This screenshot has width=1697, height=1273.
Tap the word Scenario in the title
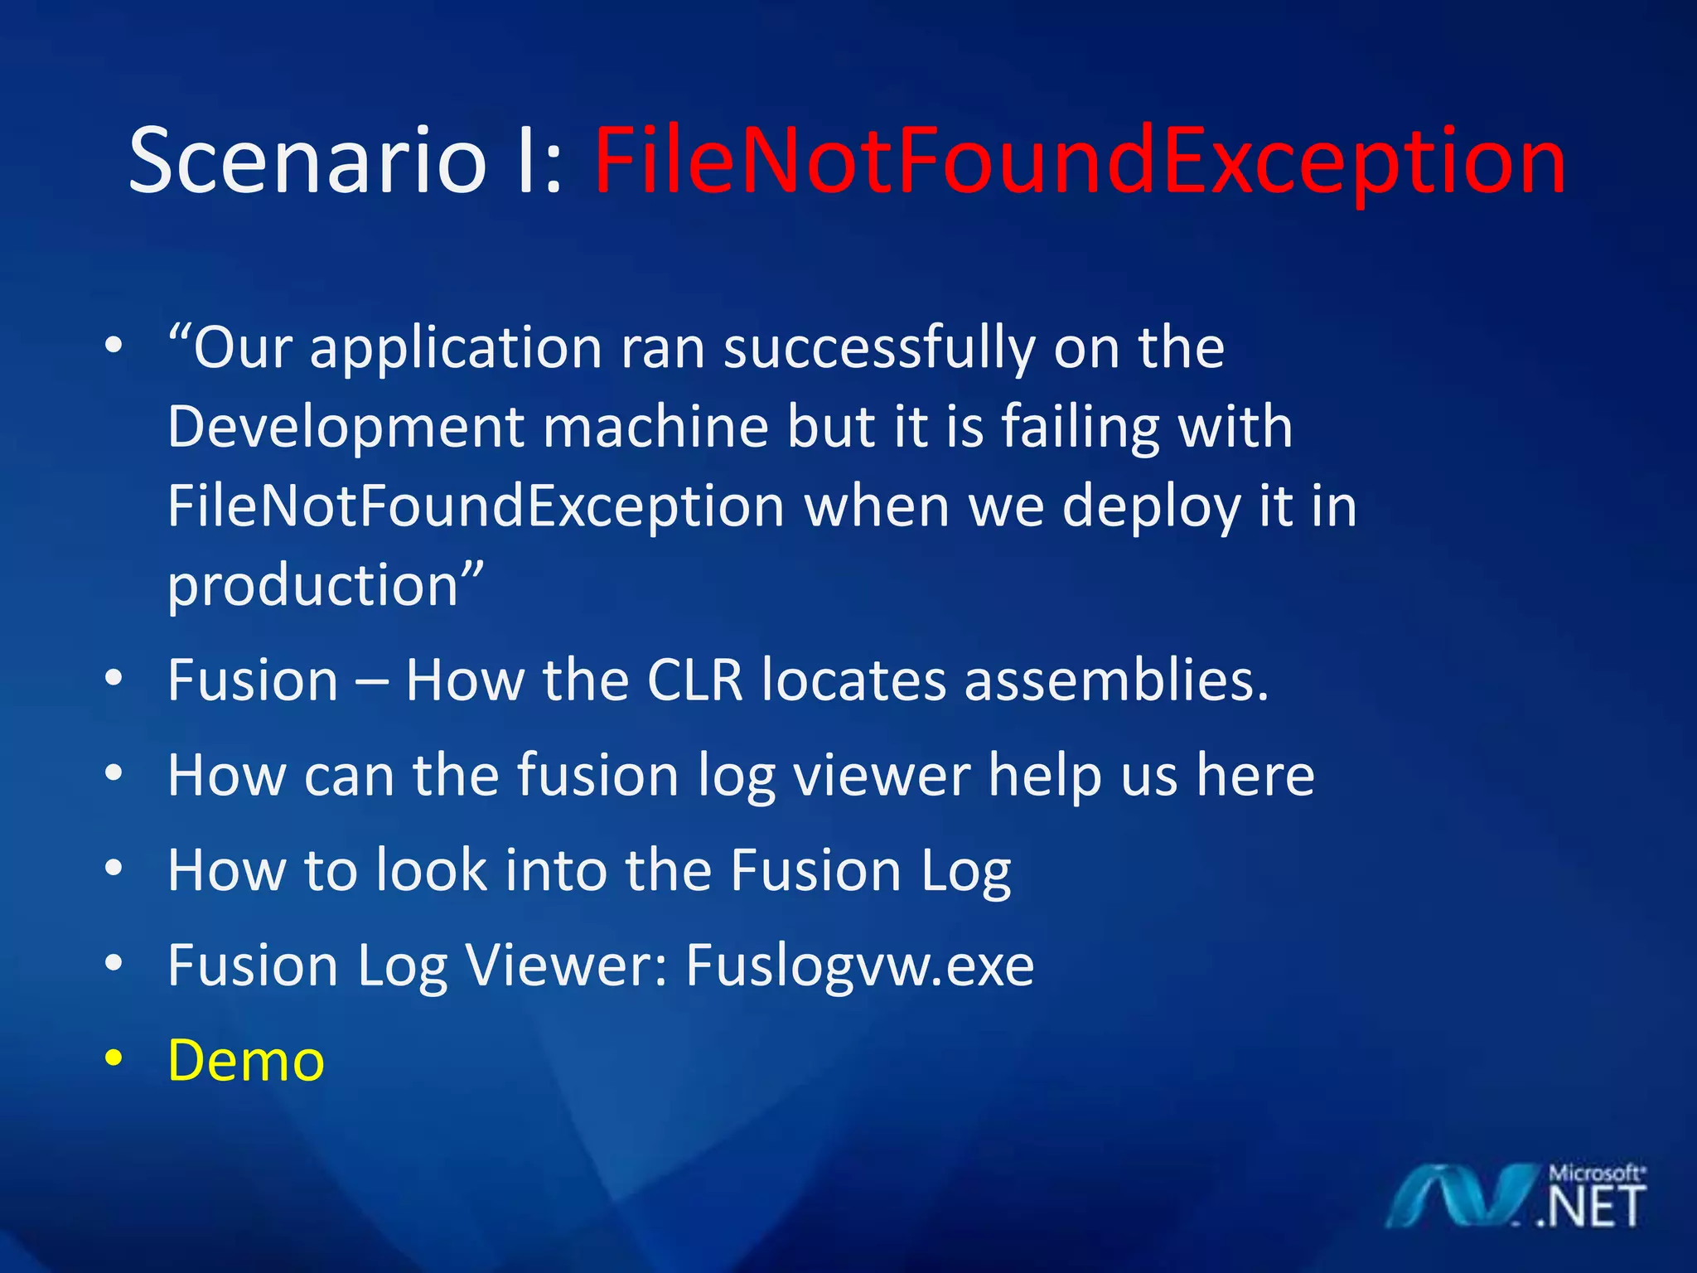click(307, 162)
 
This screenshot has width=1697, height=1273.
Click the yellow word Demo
click(246, 1060)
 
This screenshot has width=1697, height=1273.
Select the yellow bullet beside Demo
click(114, 1058)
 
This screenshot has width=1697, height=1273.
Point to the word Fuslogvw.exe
click(859, 966)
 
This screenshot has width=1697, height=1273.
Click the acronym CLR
click(694, 680)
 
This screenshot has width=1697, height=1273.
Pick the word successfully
click(878, 348)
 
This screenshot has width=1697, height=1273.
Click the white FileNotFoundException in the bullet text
click(476, 506)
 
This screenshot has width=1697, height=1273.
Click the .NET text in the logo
click(1591, 1208)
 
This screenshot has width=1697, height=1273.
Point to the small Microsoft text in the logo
click(1596, 1174)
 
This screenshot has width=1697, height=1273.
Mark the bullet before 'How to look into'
click(114, 869)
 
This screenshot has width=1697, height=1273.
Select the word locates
click(853, 680)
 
